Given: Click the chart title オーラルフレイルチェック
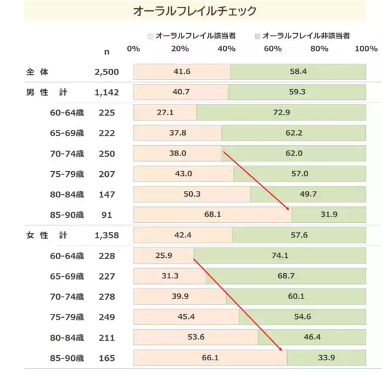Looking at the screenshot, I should click(x=195, y=11).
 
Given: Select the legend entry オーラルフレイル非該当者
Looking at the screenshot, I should click(x=306, y=36).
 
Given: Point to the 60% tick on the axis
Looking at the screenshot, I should click(x=272, y=49).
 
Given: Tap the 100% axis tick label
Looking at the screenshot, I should click(x=365, y=49).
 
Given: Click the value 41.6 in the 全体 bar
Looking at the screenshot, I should click(x=181, y=71).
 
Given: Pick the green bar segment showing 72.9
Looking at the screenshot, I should click(x=281, y=113).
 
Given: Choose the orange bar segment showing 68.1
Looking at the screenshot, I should click(x=212, y=215).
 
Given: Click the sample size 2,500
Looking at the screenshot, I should click(x=106, y=71).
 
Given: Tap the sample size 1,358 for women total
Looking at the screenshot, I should click(x=106, y=236).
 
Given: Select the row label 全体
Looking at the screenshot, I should click(x=29, y=71).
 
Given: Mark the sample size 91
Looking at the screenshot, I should click(x=106, y=215).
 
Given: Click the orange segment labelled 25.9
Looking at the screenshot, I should click(x=164, y=256).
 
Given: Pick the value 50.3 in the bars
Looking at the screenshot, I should click(x=192, y=194).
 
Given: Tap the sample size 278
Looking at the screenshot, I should click(x=106, y=297).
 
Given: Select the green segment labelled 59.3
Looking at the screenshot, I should click(x=297, y=92).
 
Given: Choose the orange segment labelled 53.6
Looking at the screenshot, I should click(x=195, y=337).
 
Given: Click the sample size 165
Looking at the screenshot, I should click(x=106, y=358).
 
